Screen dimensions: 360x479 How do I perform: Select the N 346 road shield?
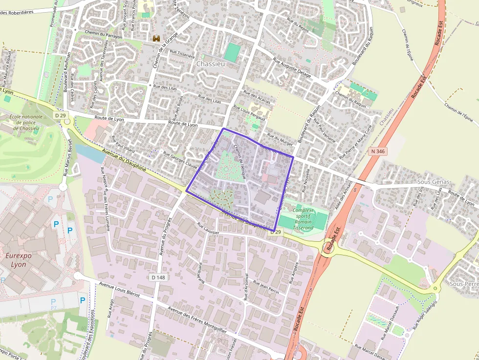coord(378,152)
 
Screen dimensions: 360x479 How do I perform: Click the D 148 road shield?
coord(158,277)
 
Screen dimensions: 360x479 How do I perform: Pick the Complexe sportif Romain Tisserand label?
coord(303,219)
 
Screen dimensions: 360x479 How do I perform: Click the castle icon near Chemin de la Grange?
coord(157,38)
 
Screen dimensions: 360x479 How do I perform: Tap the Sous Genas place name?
coord(433,182)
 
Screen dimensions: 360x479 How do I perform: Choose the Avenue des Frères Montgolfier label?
coord(197,319)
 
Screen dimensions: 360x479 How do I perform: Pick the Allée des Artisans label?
coord(344,196)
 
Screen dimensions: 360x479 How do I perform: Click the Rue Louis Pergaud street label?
coord(249,112)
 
